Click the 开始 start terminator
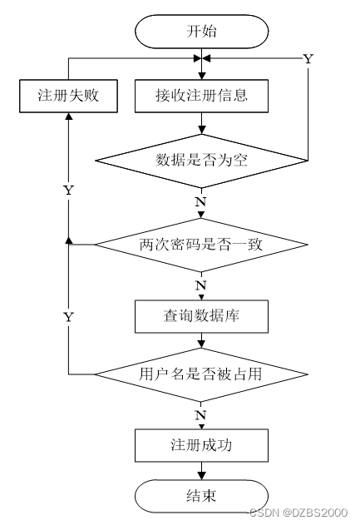(201, 32)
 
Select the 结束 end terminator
(201, 496)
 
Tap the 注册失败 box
(68, 96)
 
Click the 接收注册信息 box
(201, 96)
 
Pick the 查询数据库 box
(201, 316)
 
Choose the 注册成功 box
(201, 445)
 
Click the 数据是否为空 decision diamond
(201, 161)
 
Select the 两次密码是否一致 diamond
(201, 245)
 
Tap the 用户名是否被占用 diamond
(201, 374)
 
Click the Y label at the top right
(308, 59)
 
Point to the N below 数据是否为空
(200, 202)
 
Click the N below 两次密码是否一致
(200, 285)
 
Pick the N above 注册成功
(200, 415)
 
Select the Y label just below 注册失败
(68, 191)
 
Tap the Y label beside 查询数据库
(68, 317)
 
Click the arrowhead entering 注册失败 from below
(68, 116)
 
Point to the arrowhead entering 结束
(201, 476)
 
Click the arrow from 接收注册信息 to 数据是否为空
(201, 123)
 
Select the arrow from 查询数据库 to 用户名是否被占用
(201, 340)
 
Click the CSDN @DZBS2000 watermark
(298, 513)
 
